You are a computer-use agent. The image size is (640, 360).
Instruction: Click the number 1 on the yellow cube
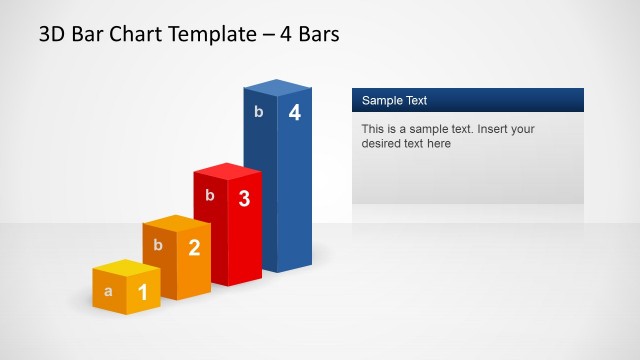click(x=142, y=292)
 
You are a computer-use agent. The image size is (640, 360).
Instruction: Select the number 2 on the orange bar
click(x=194, y=248)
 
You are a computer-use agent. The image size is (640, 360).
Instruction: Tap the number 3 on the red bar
click(x=244, y=198)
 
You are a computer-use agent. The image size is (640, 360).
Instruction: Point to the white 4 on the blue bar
click(x=294, y=113)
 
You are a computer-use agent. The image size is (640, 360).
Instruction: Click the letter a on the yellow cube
click(x=108, y=292)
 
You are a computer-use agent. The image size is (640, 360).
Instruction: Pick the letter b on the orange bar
click(x=158, y=244)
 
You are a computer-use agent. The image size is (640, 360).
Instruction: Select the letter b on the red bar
click(x=210, y=195)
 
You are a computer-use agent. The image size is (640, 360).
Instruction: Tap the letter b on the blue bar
click(x=259, y=111)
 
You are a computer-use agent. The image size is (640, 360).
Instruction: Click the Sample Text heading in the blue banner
click(x=394, y=100)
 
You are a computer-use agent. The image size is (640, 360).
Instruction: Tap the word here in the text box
click(x=438, y=143)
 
